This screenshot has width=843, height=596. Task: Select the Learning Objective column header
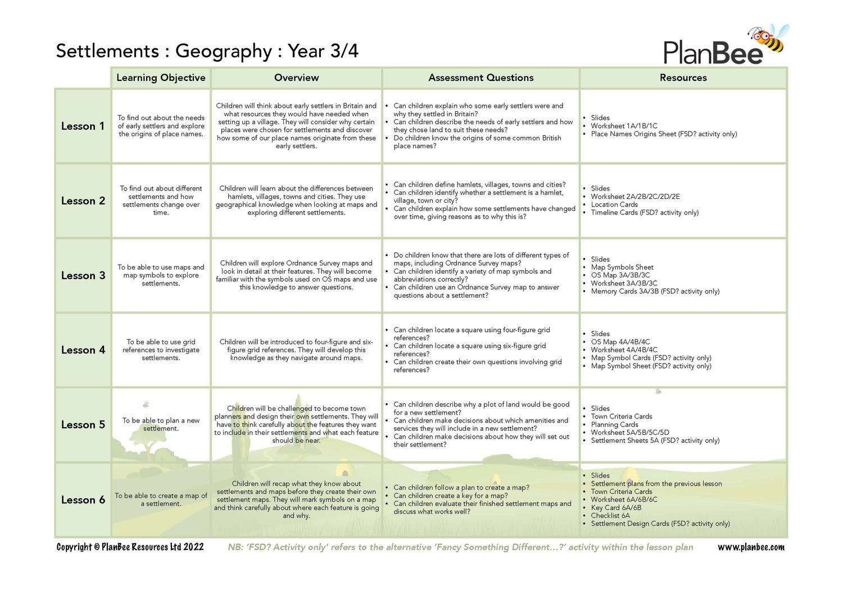coord(161,78)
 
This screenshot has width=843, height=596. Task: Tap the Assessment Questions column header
coord(481,78)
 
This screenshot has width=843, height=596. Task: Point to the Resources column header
coord(683,78)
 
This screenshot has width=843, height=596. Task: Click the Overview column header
coord(296,78)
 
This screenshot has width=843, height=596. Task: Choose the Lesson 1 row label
coord(83,126)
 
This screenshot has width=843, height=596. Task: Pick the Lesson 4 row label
coord(83,350)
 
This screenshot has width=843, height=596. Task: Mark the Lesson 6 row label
coord(83,500)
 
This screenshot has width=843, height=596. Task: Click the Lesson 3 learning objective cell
coord(161,275)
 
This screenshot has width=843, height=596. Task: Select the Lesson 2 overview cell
coord(296,201)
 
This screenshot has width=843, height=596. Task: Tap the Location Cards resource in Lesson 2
coord(614,204)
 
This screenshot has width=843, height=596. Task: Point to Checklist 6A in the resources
coord(610,516)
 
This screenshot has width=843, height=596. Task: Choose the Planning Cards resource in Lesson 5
coord(614,425)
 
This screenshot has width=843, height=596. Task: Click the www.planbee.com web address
coord(751,547)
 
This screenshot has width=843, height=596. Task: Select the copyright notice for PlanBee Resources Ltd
coord(130,547)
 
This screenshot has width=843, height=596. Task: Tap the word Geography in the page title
coord(224,51)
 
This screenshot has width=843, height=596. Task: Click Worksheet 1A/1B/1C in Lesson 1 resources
coord(624,126)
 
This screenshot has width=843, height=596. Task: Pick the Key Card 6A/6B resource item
coord(616,508)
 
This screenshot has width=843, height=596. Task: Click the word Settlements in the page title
coord(107,51)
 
